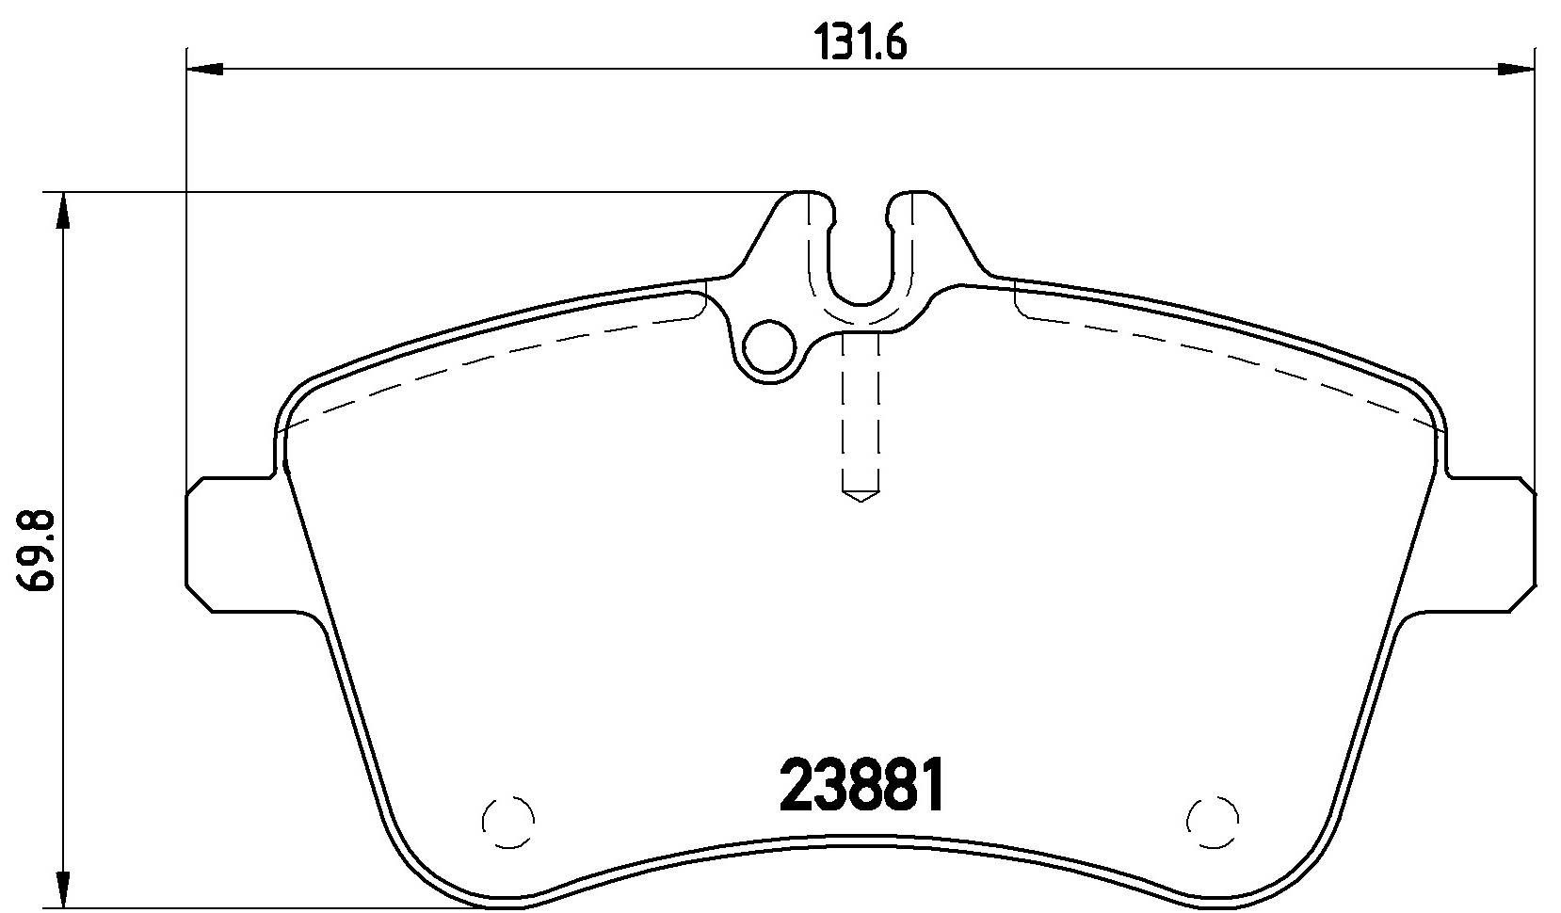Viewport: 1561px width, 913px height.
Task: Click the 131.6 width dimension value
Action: (861, 44)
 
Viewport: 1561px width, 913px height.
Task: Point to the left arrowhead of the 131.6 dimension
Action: (204, 69)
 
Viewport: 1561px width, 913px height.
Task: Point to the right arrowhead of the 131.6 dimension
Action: (1517, 69)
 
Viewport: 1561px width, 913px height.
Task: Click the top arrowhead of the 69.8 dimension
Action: (63, 210)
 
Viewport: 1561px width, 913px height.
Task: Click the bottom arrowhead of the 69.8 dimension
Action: (63, 890)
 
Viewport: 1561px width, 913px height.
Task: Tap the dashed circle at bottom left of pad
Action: (508, 822)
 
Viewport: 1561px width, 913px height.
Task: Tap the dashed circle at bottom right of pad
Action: (1213, 822)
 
